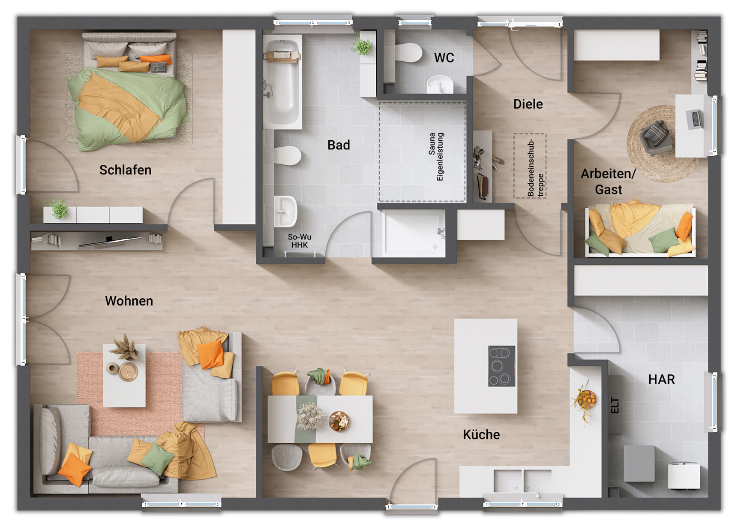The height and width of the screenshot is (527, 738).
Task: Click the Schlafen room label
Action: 125,170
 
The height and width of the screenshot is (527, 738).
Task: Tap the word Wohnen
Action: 129,301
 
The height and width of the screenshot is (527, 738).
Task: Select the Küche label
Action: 481,434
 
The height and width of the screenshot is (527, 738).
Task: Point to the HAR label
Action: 661,379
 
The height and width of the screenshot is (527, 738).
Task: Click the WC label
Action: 444,58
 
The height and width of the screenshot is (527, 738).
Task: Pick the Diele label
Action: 528,104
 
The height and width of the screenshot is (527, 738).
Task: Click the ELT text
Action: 615,406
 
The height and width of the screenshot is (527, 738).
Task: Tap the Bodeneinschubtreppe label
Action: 535,167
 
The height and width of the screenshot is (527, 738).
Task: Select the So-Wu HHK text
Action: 300,241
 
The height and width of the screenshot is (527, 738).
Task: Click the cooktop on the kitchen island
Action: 501,366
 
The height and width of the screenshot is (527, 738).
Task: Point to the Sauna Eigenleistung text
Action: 436,157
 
